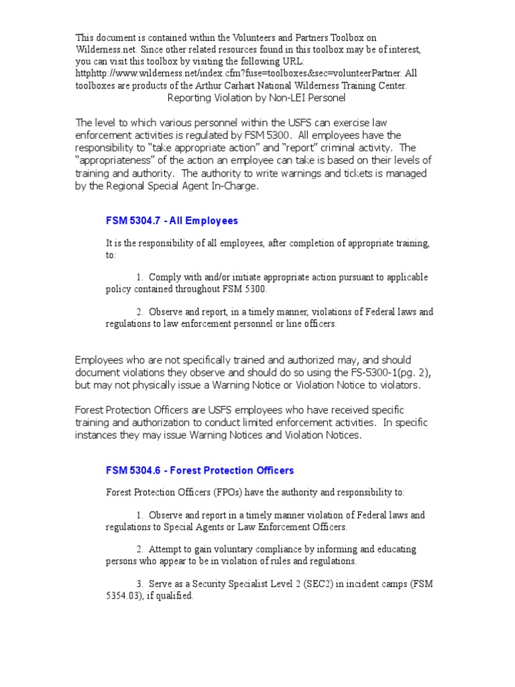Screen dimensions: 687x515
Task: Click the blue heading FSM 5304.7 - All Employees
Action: click(172, 221)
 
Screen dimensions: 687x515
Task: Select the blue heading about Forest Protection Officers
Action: click(200, 470)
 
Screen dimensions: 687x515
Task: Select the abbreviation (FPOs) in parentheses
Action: click(227, 492)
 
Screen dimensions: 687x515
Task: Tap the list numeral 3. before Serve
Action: click(140, 583)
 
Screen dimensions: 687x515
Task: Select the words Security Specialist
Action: click(228, 583)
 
